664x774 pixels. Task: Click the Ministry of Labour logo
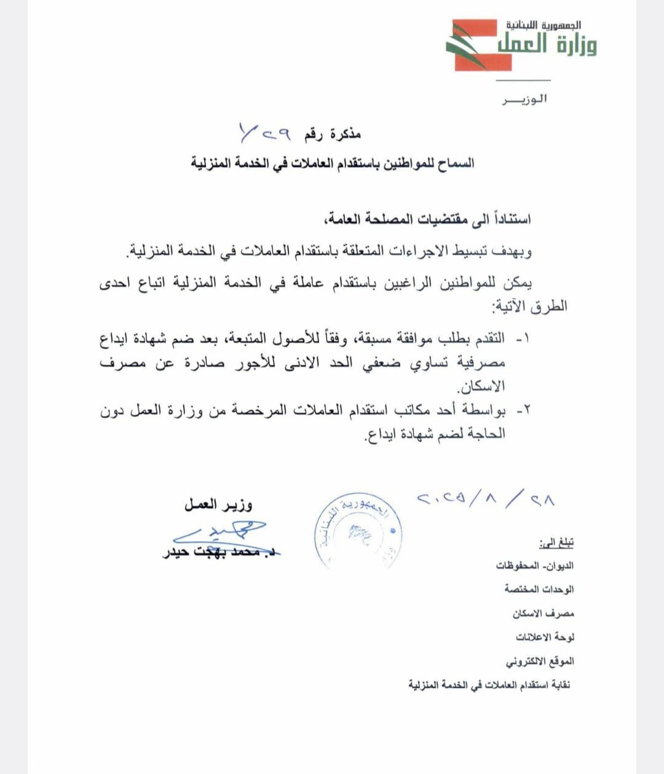(x=521, y=44)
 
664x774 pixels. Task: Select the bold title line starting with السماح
(x=332, y=163)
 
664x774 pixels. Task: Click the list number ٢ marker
(x=522, y=411)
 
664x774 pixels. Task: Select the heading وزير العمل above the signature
(x=218, y=505)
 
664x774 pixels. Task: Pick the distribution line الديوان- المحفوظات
(x=535, y=566)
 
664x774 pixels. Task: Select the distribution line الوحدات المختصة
(x=539, y=589)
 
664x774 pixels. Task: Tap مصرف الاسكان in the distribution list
(x=543, y=613)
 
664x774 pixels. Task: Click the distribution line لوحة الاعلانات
(x=545, y=637)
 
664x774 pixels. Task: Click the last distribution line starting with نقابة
(x=489, y=684)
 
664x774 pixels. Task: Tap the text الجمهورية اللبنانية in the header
(x=543, y=25)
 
